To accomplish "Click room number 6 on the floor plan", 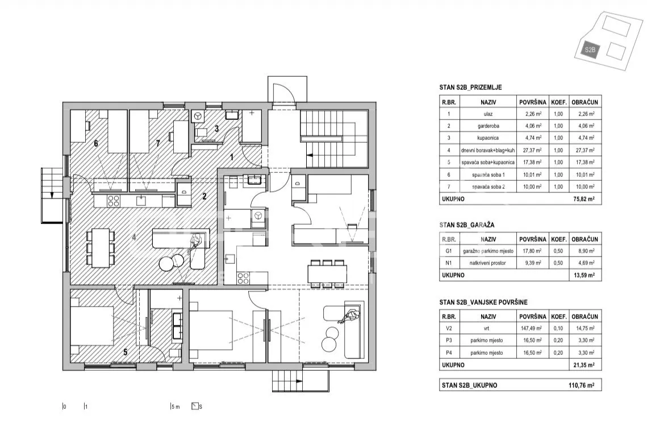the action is (96, 144).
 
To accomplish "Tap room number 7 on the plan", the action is (157, 144).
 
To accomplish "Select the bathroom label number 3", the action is (216, 129).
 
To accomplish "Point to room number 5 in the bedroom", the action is (126, 352).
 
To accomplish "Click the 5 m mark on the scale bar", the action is (176, 407).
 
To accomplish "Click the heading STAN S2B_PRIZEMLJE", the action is (470, 88).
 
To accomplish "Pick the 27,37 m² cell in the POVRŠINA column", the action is (532, 151).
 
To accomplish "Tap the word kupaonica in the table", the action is (488, 138).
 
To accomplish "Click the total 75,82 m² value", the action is (584, 199).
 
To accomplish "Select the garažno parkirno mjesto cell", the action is (488, 251).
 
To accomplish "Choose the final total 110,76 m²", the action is (582, 386).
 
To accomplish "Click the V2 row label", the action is (449, 329).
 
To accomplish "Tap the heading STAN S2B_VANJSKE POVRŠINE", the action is (483, 303).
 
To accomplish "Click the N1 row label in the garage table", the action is (449, 263).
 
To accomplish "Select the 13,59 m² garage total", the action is (584, 275).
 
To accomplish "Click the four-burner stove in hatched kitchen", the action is (114, 201).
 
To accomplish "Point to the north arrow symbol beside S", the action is (195, 406).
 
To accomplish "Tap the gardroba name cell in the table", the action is (488, 126).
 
